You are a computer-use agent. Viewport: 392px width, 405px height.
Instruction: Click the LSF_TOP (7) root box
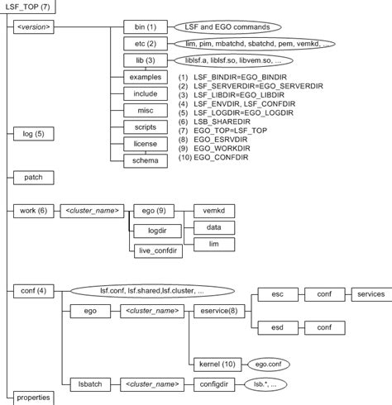29,7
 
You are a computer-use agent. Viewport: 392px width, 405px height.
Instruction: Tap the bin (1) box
146,27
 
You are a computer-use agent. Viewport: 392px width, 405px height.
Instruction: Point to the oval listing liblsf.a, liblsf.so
233,60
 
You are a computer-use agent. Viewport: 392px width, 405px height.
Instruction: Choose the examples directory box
146,76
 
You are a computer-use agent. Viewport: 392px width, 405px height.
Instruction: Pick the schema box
146,160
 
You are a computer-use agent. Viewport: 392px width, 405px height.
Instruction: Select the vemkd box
213,211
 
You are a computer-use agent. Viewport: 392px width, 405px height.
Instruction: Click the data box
213,226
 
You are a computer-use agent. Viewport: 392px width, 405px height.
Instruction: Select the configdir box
213,384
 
